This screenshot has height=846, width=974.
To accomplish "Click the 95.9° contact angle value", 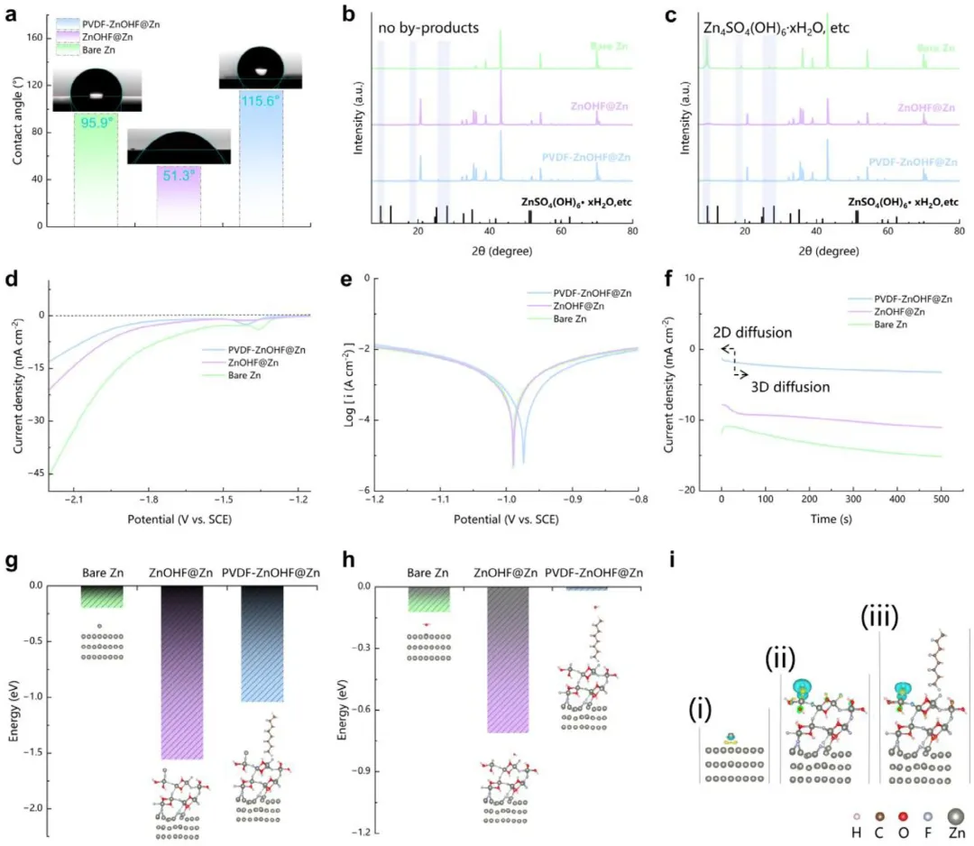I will pyautogui.click(x=95, y=123).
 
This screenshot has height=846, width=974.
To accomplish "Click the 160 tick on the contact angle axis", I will pyautogui.click(x=35, y=38).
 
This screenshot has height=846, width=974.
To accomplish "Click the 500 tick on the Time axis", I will pyautogui.click(x=941, y=499).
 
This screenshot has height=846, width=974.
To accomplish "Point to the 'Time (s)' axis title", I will pyautogui.click(x=830, y=520).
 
